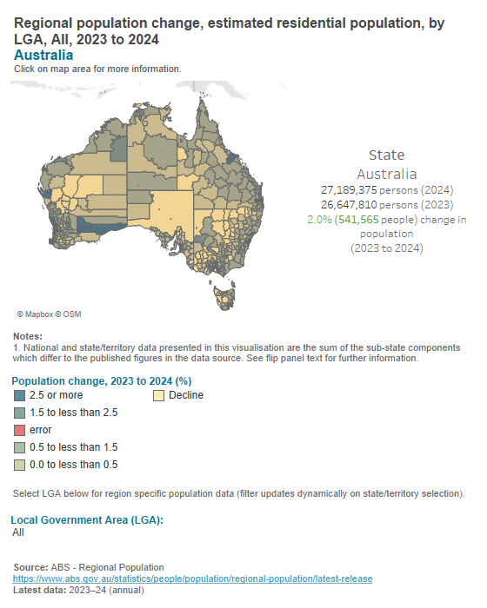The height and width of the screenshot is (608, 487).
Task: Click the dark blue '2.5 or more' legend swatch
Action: (x=19, y=395)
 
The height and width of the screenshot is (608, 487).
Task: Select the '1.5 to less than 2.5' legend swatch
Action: (x=19, y=413)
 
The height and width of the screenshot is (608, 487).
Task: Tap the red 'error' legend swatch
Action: (x=19, y=430)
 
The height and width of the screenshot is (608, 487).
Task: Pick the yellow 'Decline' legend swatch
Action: (x=159, y=395)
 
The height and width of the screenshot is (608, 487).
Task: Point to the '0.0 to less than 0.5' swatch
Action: (x=19, y=465)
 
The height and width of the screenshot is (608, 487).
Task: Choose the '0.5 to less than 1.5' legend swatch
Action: (x=19, y=447)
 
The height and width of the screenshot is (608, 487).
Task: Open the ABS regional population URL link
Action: (x=192, y=578)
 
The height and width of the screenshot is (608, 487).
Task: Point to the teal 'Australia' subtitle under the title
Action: (x=43, y=55)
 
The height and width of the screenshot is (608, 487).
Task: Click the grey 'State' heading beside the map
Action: (x=386, y=155)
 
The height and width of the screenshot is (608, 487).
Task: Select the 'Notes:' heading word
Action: (x=28, y=337)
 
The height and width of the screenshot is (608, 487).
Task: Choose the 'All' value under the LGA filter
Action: (x=18, y=532)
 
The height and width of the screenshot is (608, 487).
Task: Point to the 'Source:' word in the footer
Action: (x=30, y=567)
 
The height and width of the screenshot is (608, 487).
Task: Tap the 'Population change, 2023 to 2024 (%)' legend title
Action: (x=101, y=380)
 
